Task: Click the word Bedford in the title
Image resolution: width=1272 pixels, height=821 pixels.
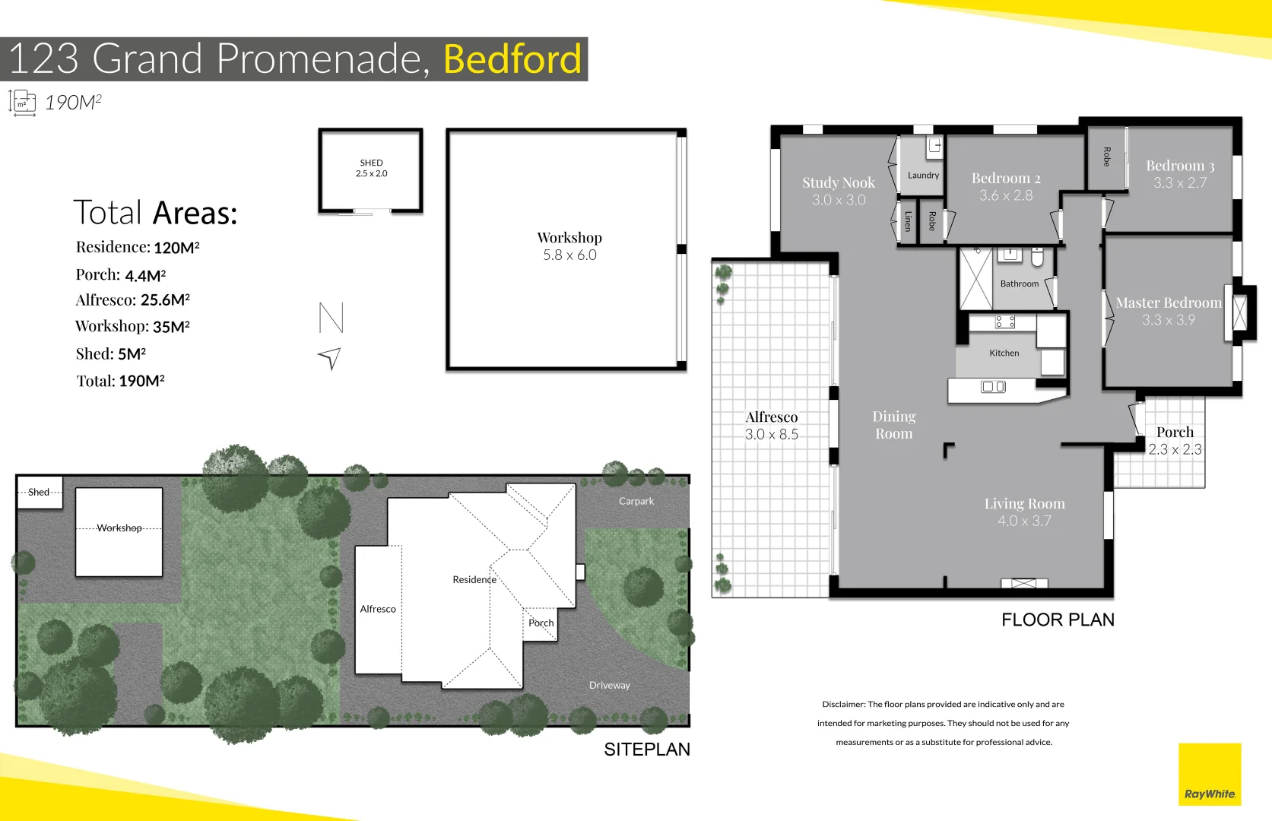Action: coord(512,59)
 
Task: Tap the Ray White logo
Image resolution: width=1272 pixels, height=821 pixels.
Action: coord(1209,775)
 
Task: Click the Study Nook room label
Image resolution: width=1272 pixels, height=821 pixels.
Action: coord(838,182)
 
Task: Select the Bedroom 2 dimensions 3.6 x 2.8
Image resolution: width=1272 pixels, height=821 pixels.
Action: coord(1005,195)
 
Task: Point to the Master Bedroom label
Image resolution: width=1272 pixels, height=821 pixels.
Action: coord(1168,303)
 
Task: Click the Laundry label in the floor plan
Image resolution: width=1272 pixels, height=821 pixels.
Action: coord(923,175)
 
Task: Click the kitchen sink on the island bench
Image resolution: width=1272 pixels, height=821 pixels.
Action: coord(993,387)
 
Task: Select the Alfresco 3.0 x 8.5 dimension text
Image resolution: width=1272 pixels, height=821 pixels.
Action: coord(771,434)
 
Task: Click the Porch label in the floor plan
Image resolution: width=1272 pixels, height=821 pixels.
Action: coord(1175,432)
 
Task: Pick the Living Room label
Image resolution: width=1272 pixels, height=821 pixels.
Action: coord(1024,503)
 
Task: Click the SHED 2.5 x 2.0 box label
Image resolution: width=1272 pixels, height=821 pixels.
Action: coord(371,168)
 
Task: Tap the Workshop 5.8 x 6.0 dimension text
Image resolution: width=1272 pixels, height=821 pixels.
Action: coord(569,255)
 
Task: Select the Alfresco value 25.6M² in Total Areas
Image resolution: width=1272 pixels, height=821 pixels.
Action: coord(165,300)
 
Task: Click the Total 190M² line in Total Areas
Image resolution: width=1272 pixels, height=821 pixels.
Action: coord(120,381)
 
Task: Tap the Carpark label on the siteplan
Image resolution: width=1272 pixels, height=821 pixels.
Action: coord(636,501)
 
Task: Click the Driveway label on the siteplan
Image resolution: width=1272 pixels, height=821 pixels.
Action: coord(609,685)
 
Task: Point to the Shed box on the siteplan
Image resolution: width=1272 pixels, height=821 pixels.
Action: coord(39,492)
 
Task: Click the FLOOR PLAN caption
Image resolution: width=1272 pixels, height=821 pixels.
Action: coord(1057,620)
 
